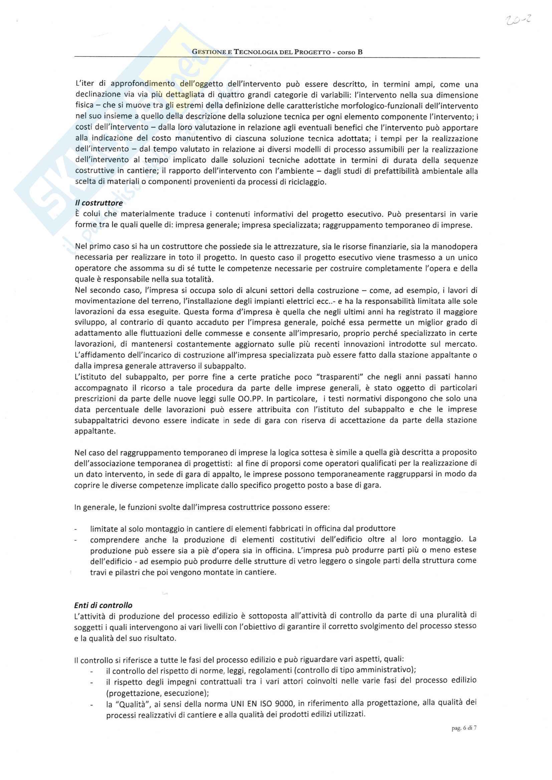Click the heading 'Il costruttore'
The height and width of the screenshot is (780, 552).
(99, 203)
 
